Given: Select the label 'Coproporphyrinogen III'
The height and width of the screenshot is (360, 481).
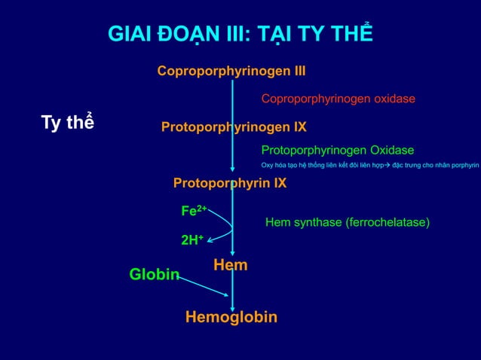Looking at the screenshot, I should click(x=231, y=72).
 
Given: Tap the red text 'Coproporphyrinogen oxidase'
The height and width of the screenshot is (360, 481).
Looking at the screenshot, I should click(x=338, y=99).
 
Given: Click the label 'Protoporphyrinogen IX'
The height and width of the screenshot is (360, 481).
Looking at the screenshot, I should click(x=234, y=127).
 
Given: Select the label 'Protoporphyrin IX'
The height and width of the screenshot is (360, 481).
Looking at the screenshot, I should click(x=230, y=183).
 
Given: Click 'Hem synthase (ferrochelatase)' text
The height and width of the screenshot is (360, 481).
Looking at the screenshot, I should click(x=348, y=223).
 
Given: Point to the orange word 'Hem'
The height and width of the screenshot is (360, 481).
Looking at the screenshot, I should click(x=231, y=264).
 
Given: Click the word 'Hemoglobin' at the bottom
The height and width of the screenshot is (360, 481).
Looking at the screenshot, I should click(x=231, y=317).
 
